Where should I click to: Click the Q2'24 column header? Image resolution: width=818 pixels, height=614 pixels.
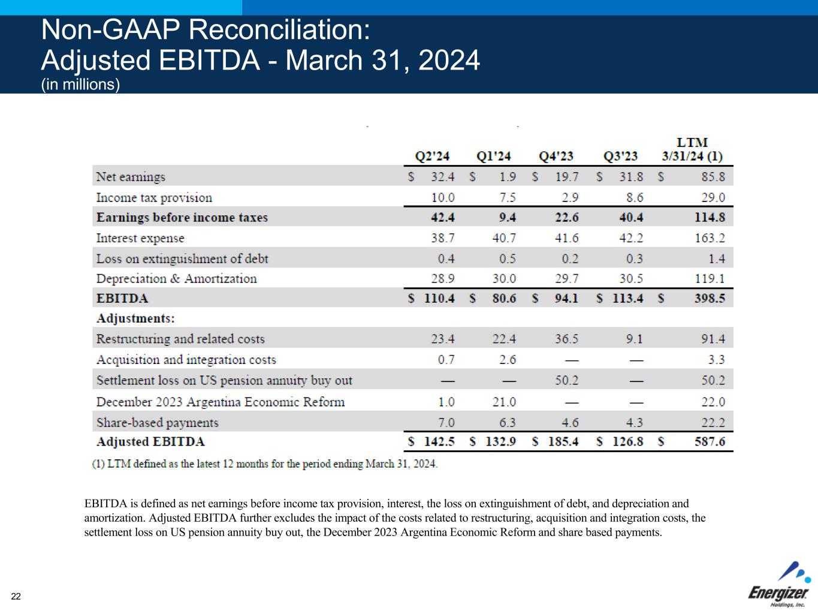(x=432, y=156)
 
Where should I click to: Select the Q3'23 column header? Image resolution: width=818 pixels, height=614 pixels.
(x=621, y=156)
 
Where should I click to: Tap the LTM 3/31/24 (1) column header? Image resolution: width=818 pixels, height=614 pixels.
(x=692, y=150)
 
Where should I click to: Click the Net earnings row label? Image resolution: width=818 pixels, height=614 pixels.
(x=131, y=177)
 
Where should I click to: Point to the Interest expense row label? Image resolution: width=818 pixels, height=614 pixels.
(x=140, y=238)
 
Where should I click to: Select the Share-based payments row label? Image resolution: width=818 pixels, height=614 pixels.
(x=158, y=423)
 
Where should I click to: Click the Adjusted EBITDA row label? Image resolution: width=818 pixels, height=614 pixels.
(x=150, y=442)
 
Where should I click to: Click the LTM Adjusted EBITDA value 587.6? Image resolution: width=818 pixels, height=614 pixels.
(x=710, y=442)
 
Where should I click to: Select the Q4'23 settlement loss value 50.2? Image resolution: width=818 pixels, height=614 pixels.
(x=567, y=381)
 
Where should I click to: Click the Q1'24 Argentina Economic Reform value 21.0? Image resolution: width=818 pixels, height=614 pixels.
(x=503, y=402)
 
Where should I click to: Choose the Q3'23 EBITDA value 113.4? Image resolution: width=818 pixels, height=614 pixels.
(x=626, y=299)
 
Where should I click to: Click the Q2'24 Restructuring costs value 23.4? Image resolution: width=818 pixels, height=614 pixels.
(x=442, y=339)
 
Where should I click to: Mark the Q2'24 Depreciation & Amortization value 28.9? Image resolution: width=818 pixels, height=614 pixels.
(x=442, y=279)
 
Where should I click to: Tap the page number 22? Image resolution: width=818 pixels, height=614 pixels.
(x=16, y=596)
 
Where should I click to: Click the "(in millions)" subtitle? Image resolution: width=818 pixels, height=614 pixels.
(x=81, y=85)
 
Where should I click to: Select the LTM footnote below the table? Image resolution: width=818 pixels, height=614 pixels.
(x=265, y=464)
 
